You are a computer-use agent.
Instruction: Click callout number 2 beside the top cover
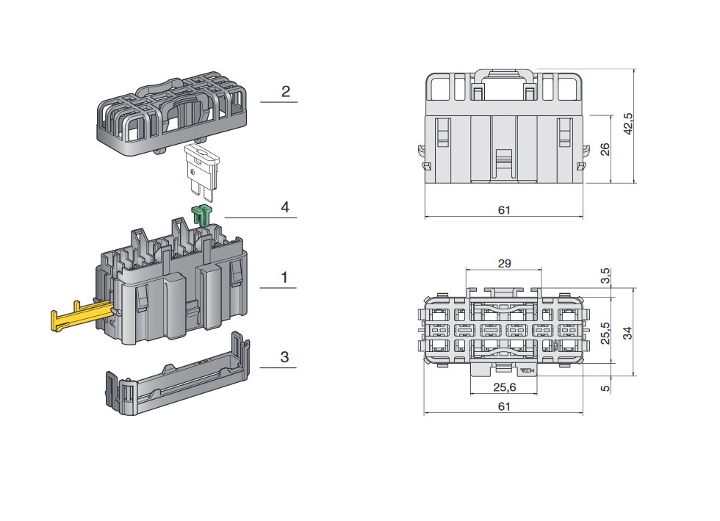tap(285, 92)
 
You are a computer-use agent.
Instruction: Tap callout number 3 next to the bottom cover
tap(284, 357)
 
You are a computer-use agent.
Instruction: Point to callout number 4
tap(284, 207)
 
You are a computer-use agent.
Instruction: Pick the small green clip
tap(201, 215)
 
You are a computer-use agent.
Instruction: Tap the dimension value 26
tap(605, 148)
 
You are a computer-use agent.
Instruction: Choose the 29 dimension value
tap(504, 262)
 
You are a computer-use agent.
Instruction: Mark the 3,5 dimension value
tap(605, 278)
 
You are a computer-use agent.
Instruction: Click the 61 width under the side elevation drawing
tap(504, 210)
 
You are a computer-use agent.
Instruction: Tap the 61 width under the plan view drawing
tap(504, 406)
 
